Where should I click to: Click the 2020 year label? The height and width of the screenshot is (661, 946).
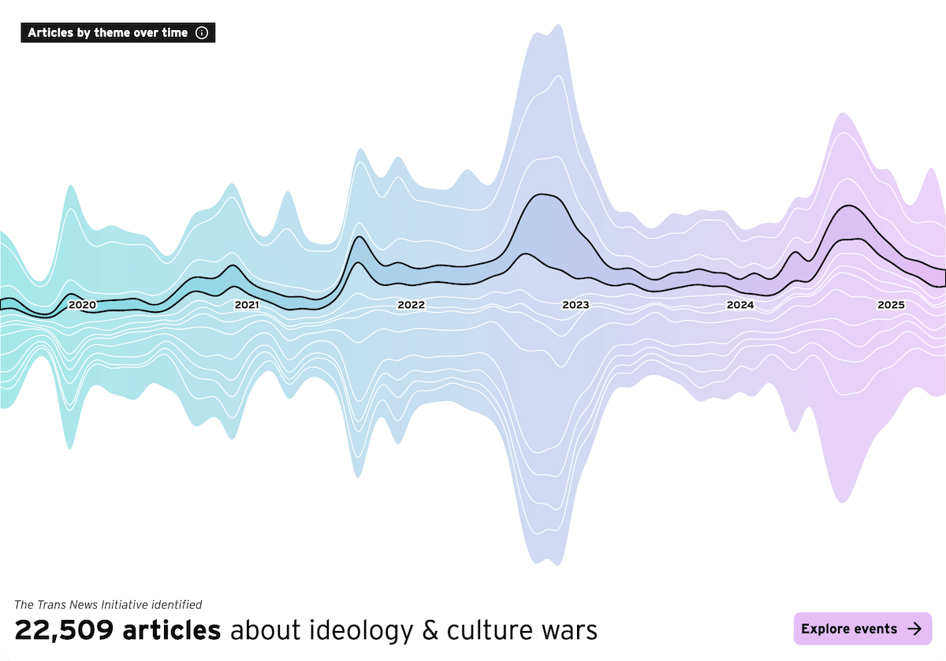click(x=82, y=305)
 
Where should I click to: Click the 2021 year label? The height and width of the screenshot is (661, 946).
click(x=247, y=305)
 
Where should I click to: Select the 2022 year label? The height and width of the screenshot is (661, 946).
click(x=411, y=305)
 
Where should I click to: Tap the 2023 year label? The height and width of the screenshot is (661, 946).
click(x=575, y=305)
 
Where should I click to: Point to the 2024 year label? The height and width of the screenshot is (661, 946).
click(x=740, y=305)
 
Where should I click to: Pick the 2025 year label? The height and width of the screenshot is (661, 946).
click(x=892, y=305)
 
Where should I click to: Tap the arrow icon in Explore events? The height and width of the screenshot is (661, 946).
click(x=914, y=629)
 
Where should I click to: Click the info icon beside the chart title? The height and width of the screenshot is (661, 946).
click(x=202, y=33)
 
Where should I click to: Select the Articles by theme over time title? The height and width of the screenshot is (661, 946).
click(x=108, y=33)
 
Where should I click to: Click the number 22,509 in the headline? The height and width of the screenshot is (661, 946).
click(x=65, y=630)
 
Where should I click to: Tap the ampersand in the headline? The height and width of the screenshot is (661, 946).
click(x=429, y=630)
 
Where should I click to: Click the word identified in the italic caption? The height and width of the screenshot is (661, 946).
click(x=180, y=605)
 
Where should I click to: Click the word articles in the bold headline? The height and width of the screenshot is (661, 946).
click(x=171, y=630)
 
